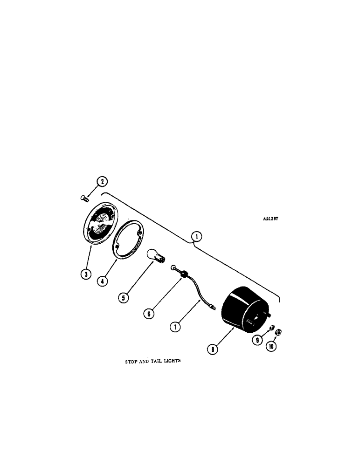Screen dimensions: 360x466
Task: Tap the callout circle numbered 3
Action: click(85, 274)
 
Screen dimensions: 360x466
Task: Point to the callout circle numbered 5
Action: click(123, 296)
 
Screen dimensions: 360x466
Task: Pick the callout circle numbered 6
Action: click(148, 314)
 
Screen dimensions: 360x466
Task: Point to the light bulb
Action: click(156, 256)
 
